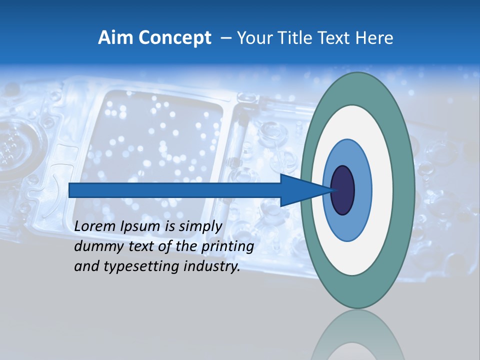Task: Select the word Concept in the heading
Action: [175, 38]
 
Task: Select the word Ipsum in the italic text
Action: [140, 226]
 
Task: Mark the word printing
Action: [227, 246]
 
